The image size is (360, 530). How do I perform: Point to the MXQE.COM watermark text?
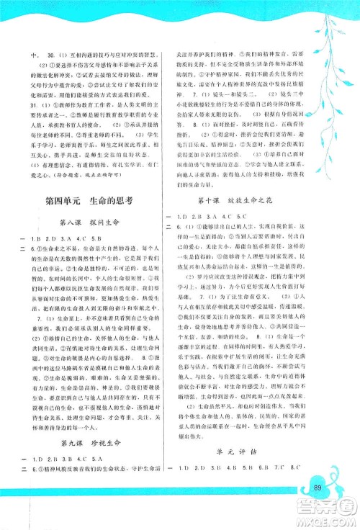(x=326, y=523)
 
